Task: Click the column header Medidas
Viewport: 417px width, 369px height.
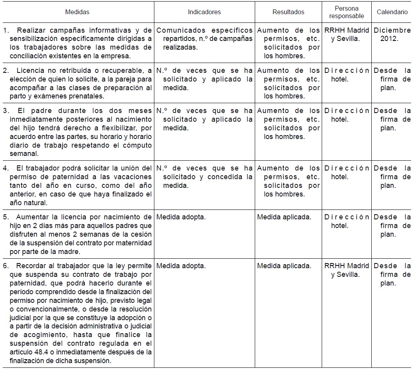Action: click(x=77, y=12)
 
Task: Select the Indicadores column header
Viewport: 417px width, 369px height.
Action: click(x=204, y=12)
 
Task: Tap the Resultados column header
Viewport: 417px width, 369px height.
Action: click(x=288, y=12)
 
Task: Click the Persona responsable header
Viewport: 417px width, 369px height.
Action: click(x=347, y=12)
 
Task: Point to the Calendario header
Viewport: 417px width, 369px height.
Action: click(x=392, y=12)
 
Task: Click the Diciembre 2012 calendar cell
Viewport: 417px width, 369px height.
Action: click(x=392, y=35)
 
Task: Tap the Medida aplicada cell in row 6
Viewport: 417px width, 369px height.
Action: click(x=284, y=266)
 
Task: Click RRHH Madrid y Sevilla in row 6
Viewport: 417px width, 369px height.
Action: click(x=347, y=270)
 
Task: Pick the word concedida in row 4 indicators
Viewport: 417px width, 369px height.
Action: click(x=226, y=177)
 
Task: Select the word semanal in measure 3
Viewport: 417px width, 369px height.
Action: click(x=21, y=154)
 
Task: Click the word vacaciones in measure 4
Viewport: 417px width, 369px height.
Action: click(x=132, y=177)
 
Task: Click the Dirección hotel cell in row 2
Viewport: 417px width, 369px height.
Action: click(x=347, y=75)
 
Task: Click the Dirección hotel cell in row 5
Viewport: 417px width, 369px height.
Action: click(x=347, y=221)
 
